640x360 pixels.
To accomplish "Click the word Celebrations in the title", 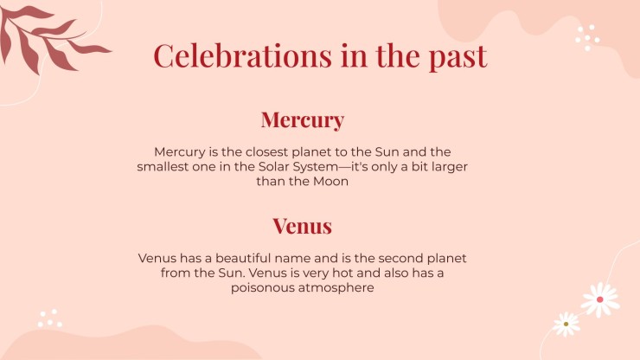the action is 242,55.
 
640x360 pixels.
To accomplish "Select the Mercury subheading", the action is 303,120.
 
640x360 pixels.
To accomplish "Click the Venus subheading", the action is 303,226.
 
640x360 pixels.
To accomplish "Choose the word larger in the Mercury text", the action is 448,167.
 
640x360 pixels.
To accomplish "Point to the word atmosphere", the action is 336,287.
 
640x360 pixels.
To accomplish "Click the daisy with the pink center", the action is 600,299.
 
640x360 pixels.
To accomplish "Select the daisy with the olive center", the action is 566,324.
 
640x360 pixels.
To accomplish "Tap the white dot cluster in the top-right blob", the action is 587,37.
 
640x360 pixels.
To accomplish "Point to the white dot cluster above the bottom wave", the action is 50,318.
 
